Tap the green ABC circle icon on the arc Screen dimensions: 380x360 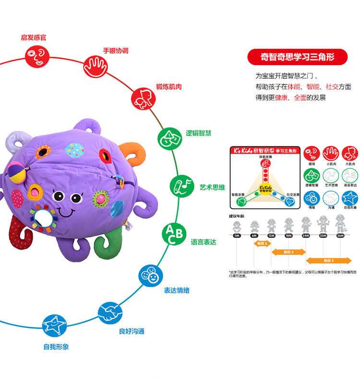(x=173, y=234)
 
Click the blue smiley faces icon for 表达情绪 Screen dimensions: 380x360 (x=150, y=275)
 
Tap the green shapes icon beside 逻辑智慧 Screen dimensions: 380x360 (x=168, y=138)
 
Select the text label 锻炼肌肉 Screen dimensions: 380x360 (x=168, y=87)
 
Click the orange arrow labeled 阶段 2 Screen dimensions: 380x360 (x=288, y=251)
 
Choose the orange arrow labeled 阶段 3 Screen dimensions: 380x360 (x=329, y=261)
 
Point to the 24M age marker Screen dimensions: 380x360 (x=306, y=236)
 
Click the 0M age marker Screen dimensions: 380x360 (x=237, y=236)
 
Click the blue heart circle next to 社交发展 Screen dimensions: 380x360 (x=290, y=202)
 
